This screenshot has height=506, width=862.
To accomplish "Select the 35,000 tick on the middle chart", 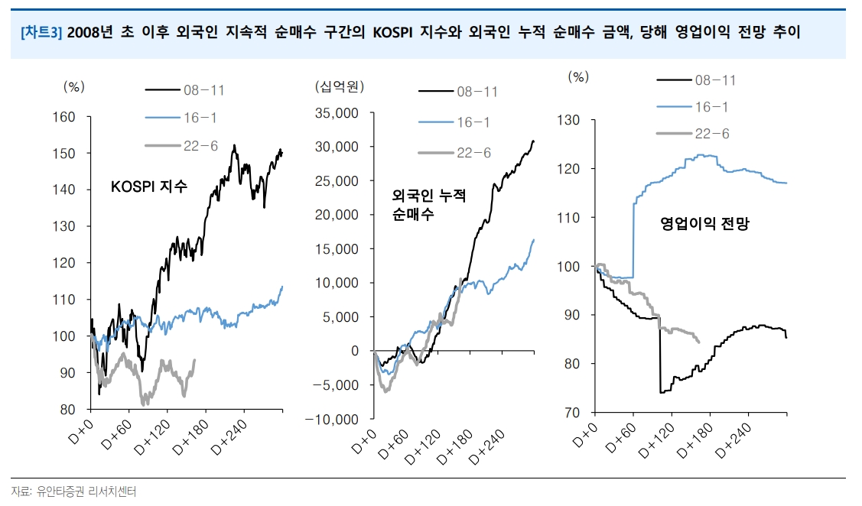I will tap(337, 113).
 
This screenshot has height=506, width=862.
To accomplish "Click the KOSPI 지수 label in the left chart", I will tap(148, 187).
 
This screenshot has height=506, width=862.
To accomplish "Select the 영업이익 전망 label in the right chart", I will tap(704, 224).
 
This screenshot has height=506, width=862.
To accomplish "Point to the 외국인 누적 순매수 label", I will tap(428, 205).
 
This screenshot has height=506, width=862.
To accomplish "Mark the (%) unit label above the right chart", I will tap(579, 76).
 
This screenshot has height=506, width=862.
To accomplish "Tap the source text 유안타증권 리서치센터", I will tap(80, 491).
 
